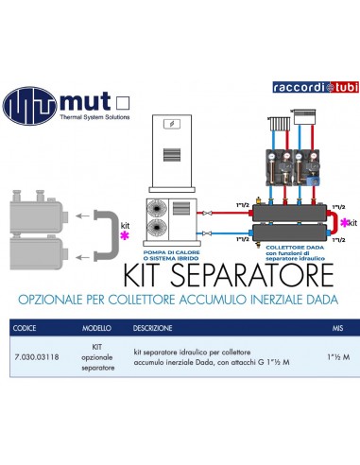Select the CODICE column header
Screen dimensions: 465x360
click(x=27, y=331)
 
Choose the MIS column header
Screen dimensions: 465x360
click(x=337, y=331)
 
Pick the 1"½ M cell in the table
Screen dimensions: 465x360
click(x=333, y=356)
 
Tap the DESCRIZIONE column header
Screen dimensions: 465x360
click(x=152, y=331)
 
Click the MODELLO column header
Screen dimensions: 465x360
click(x=96, y=331)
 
